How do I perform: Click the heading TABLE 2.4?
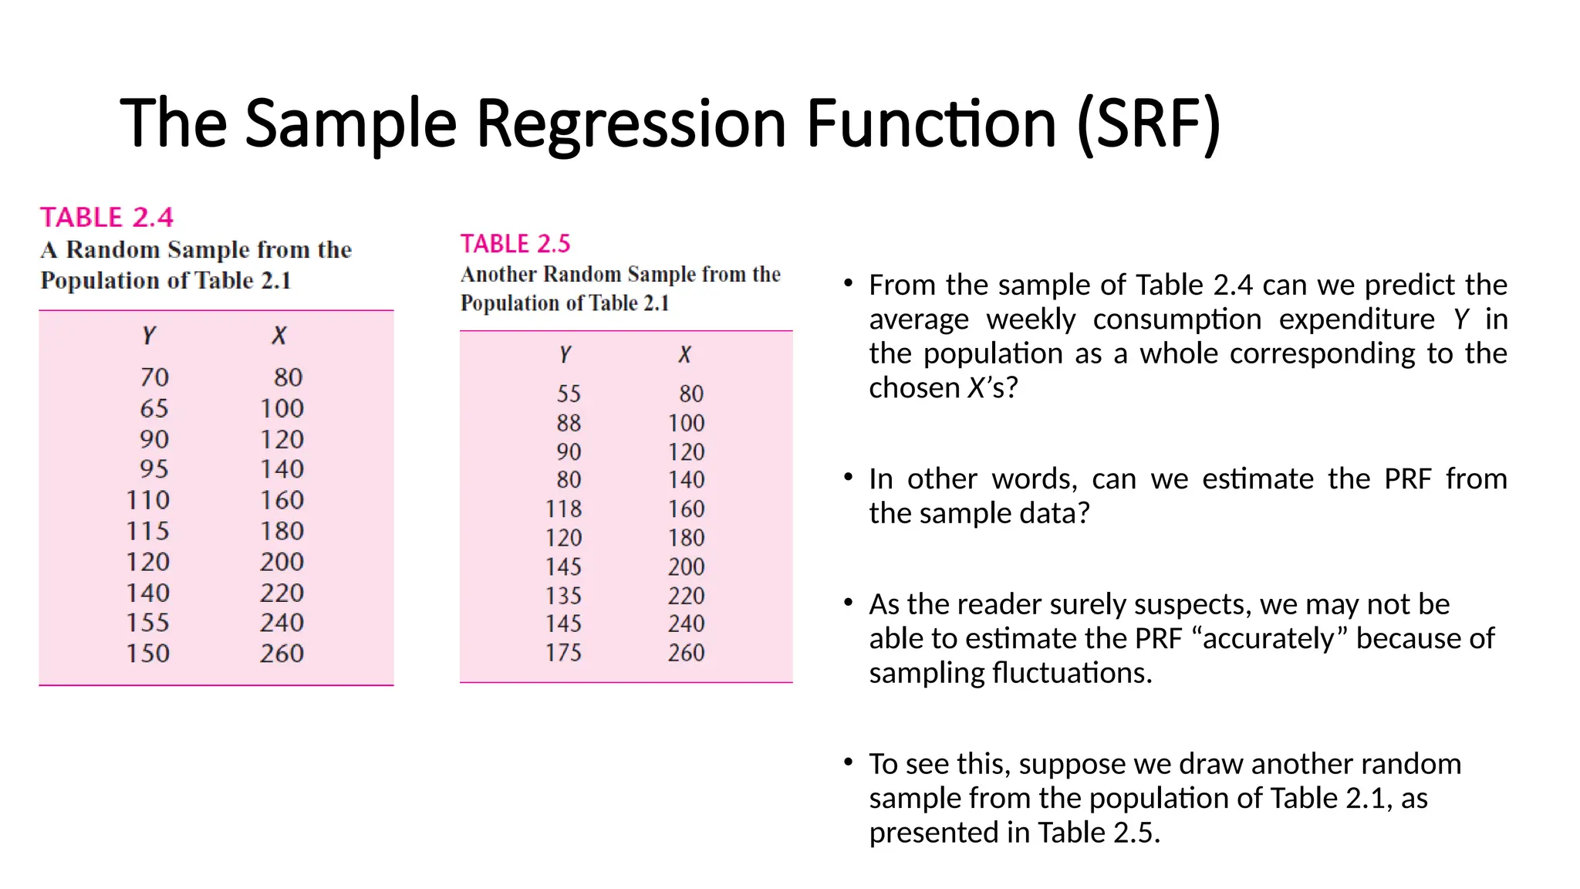(x=106, y=218)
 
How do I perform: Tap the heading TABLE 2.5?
(x=515, y=244)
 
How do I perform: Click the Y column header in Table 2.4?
(x=149, y=335)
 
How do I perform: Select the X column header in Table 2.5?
(x=684, y=354)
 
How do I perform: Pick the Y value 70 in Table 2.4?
(x=154, y=377)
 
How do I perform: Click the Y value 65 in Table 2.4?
(x=154, y=408)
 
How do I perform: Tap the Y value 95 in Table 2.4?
(x=154, y=469)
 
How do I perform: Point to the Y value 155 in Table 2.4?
(x=148, y=623)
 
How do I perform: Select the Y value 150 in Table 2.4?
(x=148, y=654)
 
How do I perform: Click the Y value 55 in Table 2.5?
(x=569, y=394)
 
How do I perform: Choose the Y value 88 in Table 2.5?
(x=569, y=423)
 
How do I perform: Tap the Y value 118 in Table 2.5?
(x=563, y=509)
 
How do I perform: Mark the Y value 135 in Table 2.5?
(x=563, y=596)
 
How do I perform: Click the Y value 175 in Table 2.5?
(x=563, y=653)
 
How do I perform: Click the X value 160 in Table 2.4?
(x=282, y=500)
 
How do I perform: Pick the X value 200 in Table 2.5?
(x=686, y=567)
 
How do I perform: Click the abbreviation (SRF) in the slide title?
(x=1150, y=123)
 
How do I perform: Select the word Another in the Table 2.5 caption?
(x=499, y=275)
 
